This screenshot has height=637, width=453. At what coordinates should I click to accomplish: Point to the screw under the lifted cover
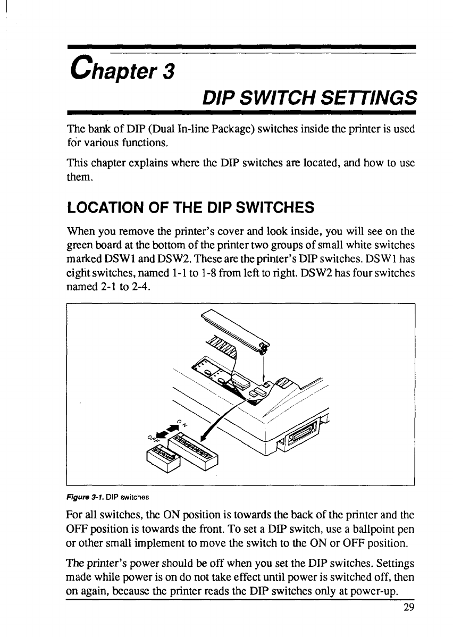click(x=263, y=348)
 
